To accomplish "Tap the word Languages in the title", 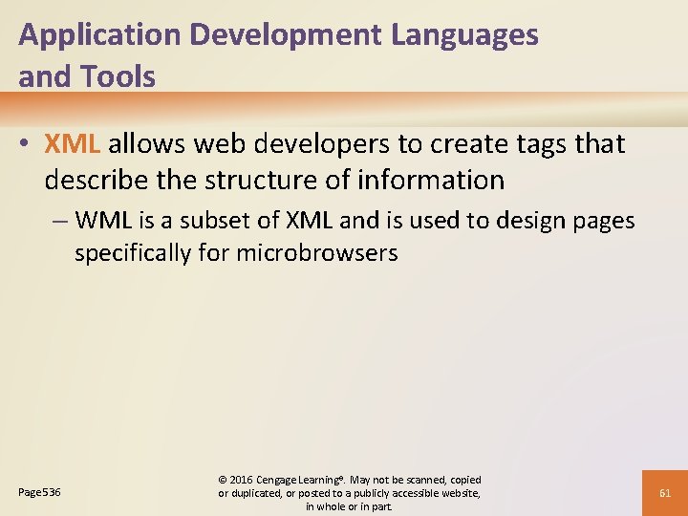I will (x=466, y=36).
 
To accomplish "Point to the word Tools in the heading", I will (x=120, y=77).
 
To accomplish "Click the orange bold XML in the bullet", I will (x=72, y=144).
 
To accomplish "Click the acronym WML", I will (x=100, y=221).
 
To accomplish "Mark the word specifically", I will (x=132, y=253).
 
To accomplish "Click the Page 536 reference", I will (x=39, y=492).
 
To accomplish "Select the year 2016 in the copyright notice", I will (x=243, y=480).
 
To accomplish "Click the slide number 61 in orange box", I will (x=666, y=493).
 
